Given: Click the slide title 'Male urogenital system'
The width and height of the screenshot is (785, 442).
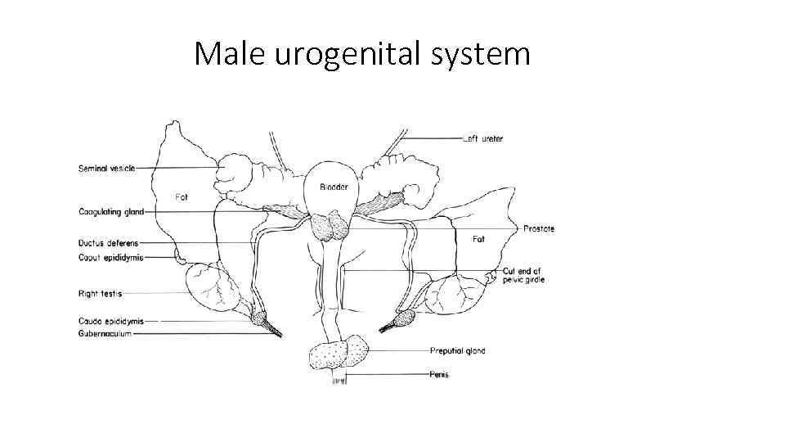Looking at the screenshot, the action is [x=362, y=54].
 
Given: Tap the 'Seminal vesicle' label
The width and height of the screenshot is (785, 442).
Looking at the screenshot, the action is [x=106, y=169].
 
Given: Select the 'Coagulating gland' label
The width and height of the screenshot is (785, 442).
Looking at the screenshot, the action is [x=110, y=212].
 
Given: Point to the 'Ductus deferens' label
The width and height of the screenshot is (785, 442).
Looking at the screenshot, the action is [x=108, y=243].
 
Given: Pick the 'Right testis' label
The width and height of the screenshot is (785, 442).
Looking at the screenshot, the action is [x=100, y=292].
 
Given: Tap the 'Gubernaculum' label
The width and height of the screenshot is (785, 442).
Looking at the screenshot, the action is [x=104, y=334].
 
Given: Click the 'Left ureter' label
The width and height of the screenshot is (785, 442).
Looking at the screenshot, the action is [x=482, y=139].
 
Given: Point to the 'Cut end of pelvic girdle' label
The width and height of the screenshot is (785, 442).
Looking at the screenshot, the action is [x=523, y=275].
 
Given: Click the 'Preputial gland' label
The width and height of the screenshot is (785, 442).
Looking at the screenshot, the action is [x=457, y=351].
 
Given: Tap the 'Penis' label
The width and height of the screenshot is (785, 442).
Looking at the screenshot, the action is [x=439, y=375].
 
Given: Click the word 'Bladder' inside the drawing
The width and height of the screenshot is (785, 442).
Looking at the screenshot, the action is [x=333, y=187].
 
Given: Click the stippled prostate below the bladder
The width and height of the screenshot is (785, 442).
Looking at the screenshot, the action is [x=330, y=226].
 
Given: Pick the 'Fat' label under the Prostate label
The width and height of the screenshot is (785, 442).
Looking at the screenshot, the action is [x=480, y=239].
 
